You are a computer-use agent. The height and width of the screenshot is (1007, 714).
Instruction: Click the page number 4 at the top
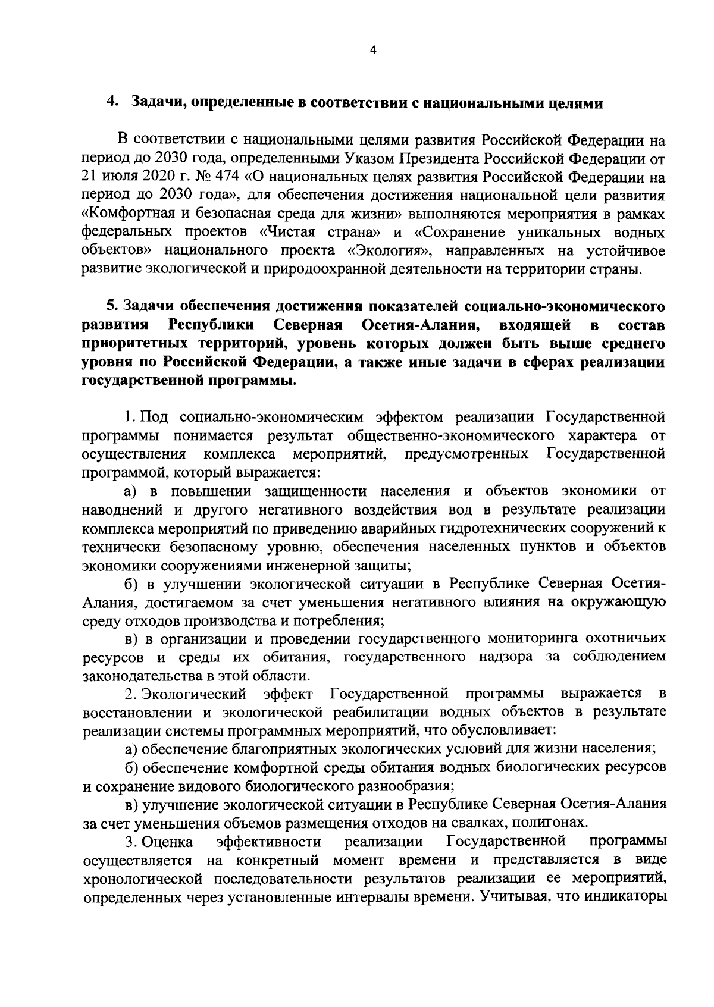click(373, 51)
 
